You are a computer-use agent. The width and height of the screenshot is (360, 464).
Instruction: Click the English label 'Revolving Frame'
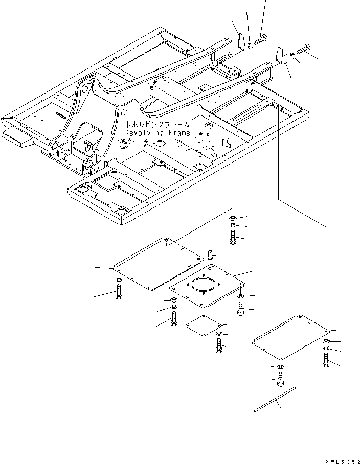[x=157, y=133]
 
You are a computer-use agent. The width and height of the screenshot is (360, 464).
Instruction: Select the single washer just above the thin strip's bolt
[x=279, y=367]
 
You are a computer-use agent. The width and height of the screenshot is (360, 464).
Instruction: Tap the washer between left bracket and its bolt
[x=249, y=47]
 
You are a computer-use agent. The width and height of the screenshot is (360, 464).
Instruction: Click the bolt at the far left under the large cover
[x=118, y=293]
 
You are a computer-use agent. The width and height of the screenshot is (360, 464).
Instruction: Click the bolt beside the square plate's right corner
[x=240, y=307]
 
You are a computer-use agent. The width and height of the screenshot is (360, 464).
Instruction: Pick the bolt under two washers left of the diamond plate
[x=174, y=321]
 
